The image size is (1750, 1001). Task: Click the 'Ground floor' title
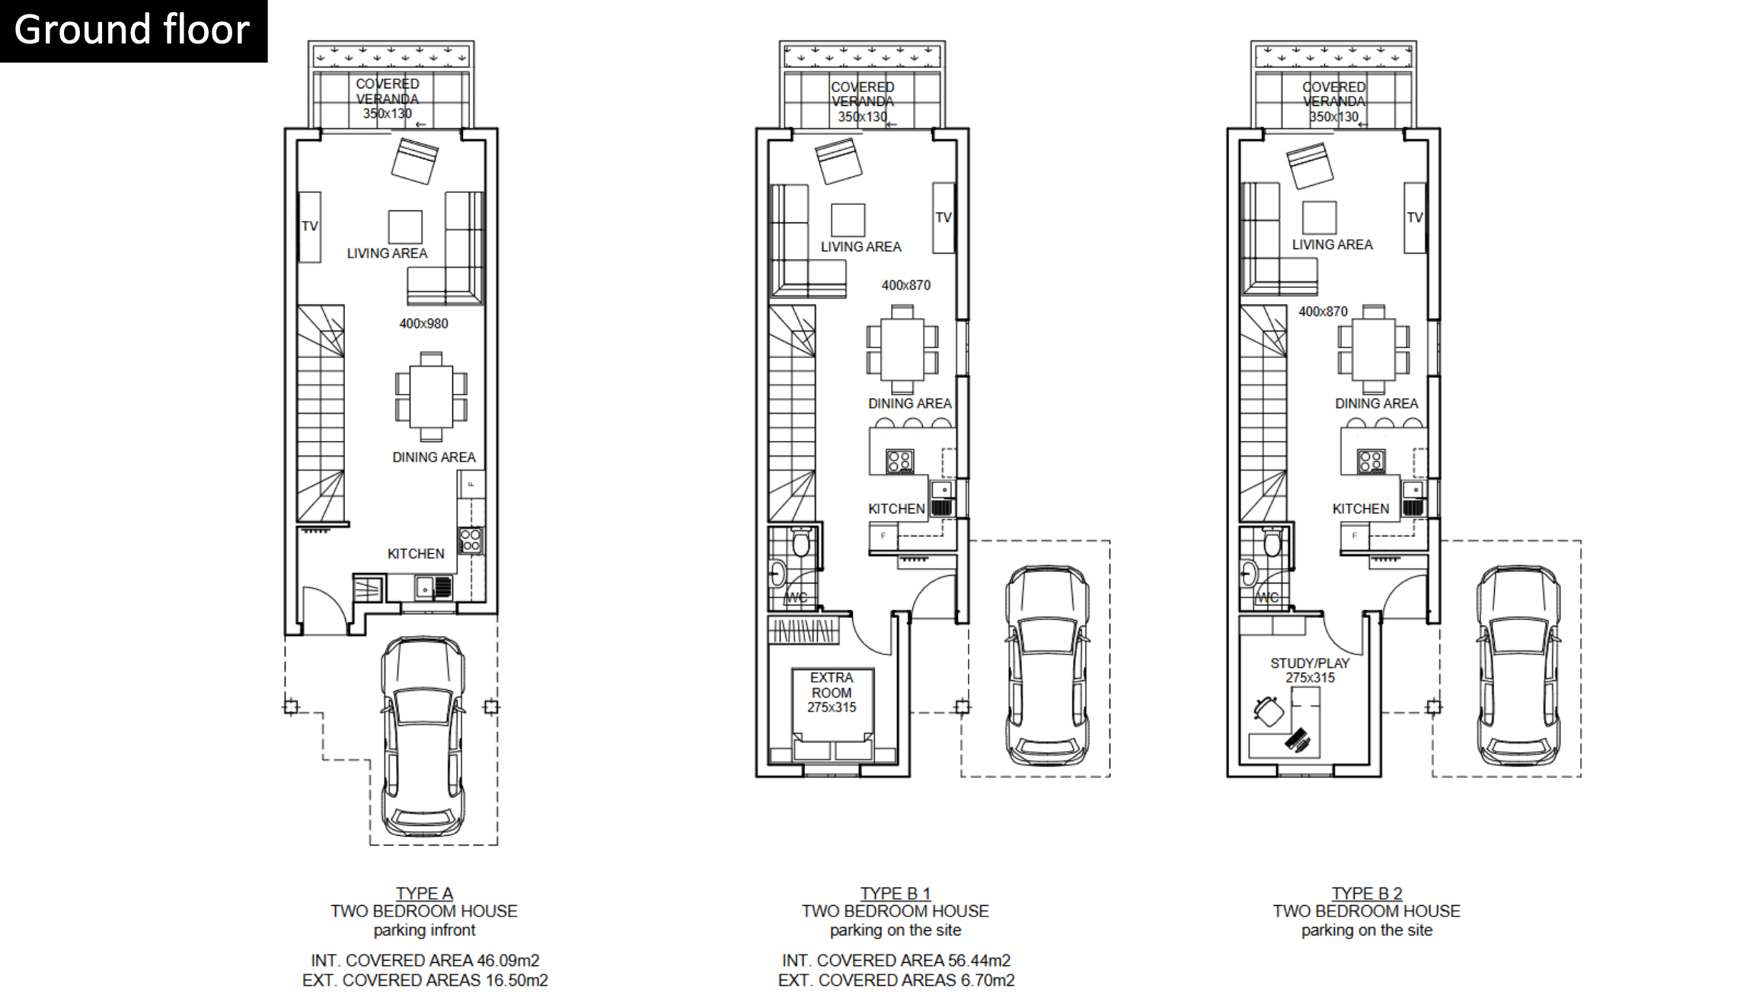pyautogui.click(x=132, y=30)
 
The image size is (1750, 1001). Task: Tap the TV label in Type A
pyautogui.click(x=309, y=226)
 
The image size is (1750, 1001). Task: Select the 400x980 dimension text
pyautogui.click(x=423, y=324)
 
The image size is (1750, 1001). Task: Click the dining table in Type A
pyautogui.click(x=431, y=396)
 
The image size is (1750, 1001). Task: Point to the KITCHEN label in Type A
pyautogui.click(x=416, y=554)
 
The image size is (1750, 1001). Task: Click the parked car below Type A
pyautogui.click(x=423, y=737)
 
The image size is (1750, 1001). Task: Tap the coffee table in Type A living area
pyautogui.click(x=405, y=227)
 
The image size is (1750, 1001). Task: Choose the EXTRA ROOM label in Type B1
pyautogui.click(x=832, y=685)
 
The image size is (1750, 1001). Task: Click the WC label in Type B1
pyautogui.click(x=796, y=597)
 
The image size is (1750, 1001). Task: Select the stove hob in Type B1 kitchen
pyautogui.click(x=899, y=461)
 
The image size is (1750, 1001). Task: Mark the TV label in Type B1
pyautogui.click(x=944, y=218)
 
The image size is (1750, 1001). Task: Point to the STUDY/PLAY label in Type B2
pyautogui.click(x=1310, y=664)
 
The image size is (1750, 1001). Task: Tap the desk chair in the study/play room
pyautogui.click(x=1268, y=711)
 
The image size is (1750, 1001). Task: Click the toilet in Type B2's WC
pyautogui.click(x=1273, y=542)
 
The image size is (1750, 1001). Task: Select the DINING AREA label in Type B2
pyautogui.click(x=1376, y=404)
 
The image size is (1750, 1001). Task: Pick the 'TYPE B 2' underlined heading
pyautogui.click(x=1367, y=894)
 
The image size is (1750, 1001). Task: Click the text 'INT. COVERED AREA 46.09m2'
pyautogui.click(x=425, y=961)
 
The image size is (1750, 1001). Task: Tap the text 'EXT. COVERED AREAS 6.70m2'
pyautogui.click(x=896, y=980)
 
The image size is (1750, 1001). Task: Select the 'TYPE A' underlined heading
pyautogui.click(x=424, y=894)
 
